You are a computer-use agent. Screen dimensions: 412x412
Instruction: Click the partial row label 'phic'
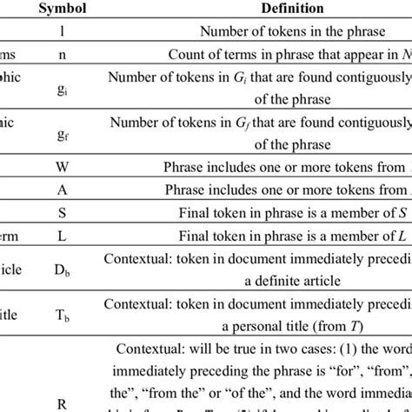(11, 76)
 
